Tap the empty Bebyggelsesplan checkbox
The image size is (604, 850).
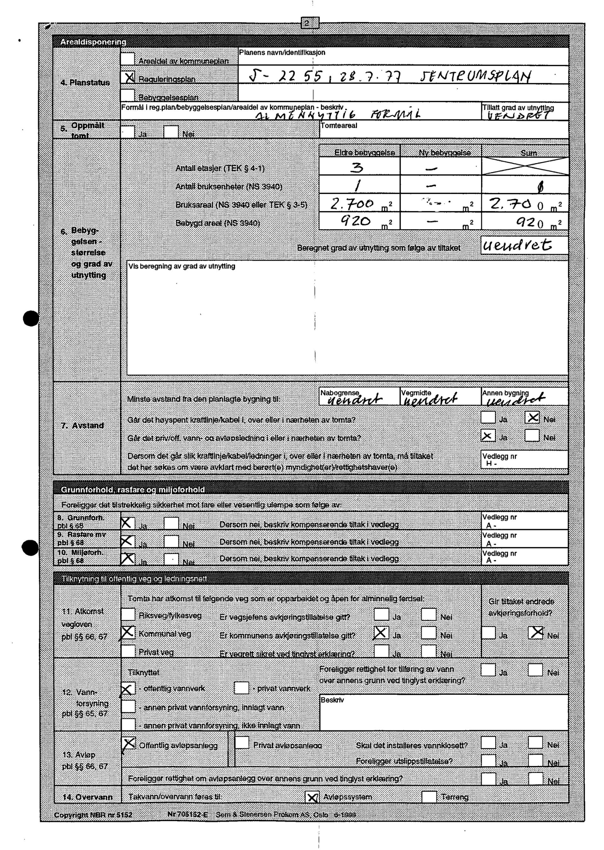coord(127,95)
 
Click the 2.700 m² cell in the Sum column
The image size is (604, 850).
coord(525,204)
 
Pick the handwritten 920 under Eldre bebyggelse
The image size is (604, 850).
coord(356,222)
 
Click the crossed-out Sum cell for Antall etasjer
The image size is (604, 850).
coord(525,166)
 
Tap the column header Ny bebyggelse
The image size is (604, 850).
coord(441,153)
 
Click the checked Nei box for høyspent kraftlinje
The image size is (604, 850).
coord(532,418)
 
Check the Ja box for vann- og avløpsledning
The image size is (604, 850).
coord(488,436)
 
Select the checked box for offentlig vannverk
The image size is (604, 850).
coord(127,688)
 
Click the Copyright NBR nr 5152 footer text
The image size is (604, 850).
coord(93,815)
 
